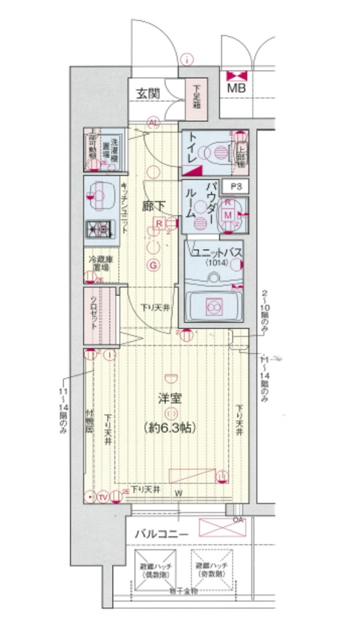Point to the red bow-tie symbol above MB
[x=236, y=75]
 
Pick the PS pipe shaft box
[x=236, y=186]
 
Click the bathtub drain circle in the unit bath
[x=213, y=306]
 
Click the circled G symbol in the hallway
[x=154, y=264]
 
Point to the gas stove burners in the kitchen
[x=98, y=228]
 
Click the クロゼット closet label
[x=93, y=309]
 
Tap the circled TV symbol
[x=102, y=497]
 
